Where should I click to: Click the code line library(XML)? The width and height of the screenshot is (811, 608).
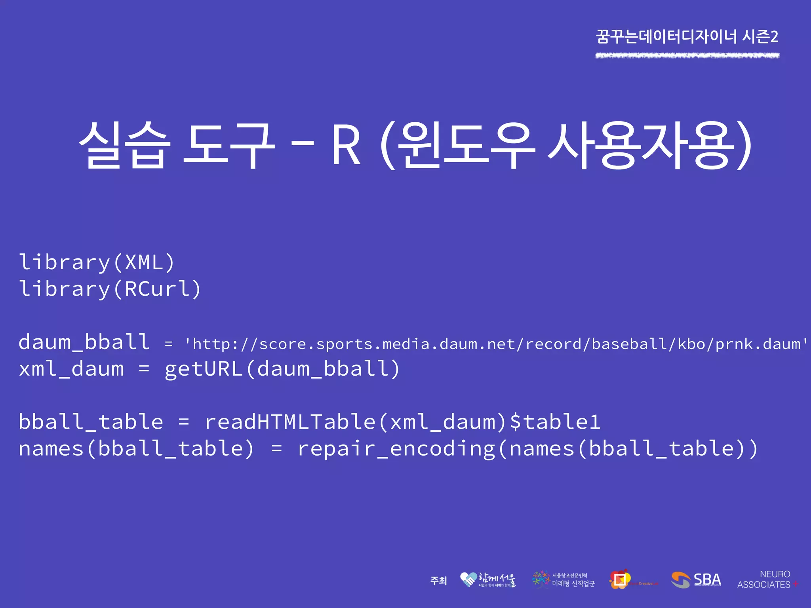coord(97,262)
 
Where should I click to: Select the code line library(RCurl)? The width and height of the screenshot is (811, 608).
coord(110,289)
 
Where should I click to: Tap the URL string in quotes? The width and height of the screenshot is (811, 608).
coord(496,344)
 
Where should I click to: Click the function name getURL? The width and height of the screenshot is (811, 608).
coord(204,369)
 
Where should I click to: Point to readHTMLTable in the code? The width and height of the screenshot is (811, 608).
coord(290,422)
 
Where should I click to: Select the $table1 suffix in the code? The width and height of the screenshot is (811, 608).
coord(555,422)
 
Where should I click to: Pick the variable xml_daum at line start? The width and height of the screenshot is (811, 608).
coord(71,369)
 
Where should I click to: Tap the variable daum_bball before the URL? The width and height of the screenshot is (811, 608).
coord(84,342)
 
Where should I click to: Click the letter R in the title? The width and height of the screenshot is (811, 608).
coord(346,145)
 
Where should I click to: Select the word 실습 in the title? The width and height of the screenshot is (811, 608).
coord(124,145)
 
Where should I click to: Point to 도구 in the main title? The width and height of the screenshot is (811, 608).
coord(229,145)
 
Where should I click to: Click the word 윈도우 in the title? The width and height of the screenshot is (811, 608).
coord(466,145)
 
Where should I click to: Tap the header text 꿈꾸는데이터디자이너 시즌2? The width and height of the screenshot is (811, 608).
coord(687,37)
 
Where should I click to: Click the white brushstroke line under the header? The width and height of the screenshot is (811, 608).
coord(687,56)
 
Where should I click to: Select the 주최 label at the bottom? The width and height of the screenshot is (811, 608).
coord(438,581)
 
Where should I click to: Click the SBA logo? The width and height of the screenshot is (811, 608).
coord(696,580)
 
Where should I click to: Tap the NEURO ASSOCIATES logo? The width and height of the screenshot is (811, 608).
coord(767,579)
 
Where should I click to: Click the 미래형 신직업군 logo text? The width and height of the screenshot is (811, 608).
coord(573,583)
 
